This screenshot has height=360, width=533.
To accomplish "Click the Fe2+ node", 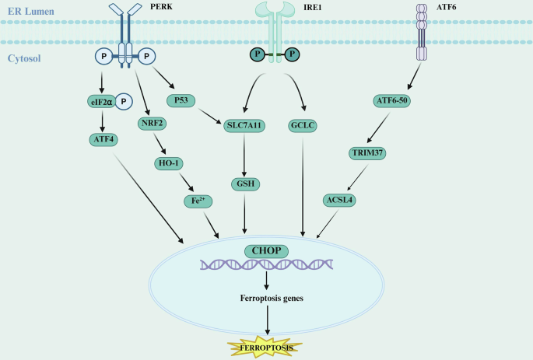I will coord(198,201).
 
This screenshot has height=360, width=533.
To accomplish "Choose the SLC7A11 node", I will coord(246,124).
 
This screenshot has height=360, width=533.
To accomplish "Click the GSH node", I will coord(245,184).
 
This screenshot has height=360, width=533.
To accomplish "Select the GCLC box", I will coord(302,124).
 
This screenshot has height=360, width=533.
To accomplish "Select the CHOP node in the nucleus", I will coord(267,251).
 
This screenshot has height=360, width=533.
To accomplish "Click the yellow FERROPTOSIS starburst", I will coord(267,346).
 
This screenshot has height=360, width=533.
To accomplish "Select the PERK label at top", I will coord(159,8).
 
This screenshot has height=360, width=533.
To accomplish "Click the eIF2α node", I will coord(102,100).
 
